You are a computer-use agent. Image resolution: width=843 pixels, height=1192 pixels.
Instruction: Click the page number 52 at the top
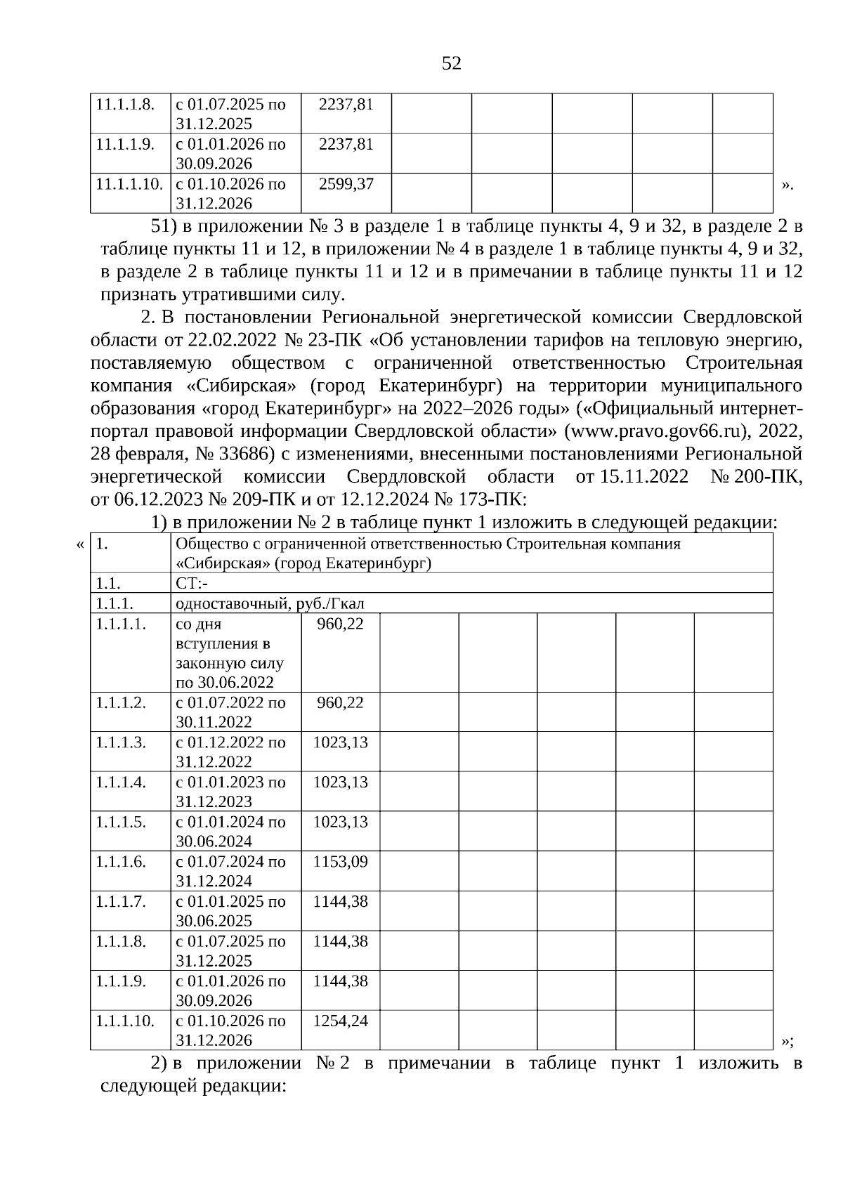(452, 64)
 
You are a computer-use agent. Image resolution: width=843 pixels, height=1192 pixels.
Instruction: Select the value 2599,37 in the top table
(346, 184)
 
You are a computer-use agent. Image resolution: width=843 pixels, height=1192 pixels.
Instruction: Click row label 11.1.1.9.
(125, 145)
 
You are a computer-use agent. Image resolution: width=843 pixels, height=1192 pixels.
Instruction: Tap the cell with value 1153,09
(340, 861)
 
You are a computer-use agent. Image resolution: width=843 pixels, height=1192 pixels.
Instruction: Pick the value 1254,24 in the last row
(340, 1021)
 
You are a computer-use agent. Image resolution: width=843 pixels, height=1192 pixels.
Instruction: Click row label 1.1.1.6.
(121, 861)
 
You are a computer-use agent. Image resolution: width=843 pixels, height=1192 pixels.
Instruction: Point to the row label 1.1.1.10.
(125, 1021)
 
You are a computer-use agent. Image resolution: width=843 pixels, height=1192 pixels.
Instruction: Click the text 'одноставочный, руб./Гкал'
(270, 603)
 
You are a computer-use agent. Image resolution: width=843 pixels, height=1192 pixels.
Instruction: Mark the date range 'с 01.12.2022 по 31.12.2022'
(230, 752)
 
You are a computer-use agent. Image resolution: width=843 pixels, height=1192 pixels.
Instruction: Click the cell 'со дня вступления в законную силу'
(229, 653)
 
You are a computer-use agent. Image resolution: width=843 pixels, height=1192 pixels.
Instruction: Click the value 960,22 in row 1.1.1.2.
(340, 702)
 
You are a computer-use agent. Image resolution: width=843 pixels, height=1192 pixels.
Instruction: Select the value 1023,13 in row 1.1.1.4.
(340, 782)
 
